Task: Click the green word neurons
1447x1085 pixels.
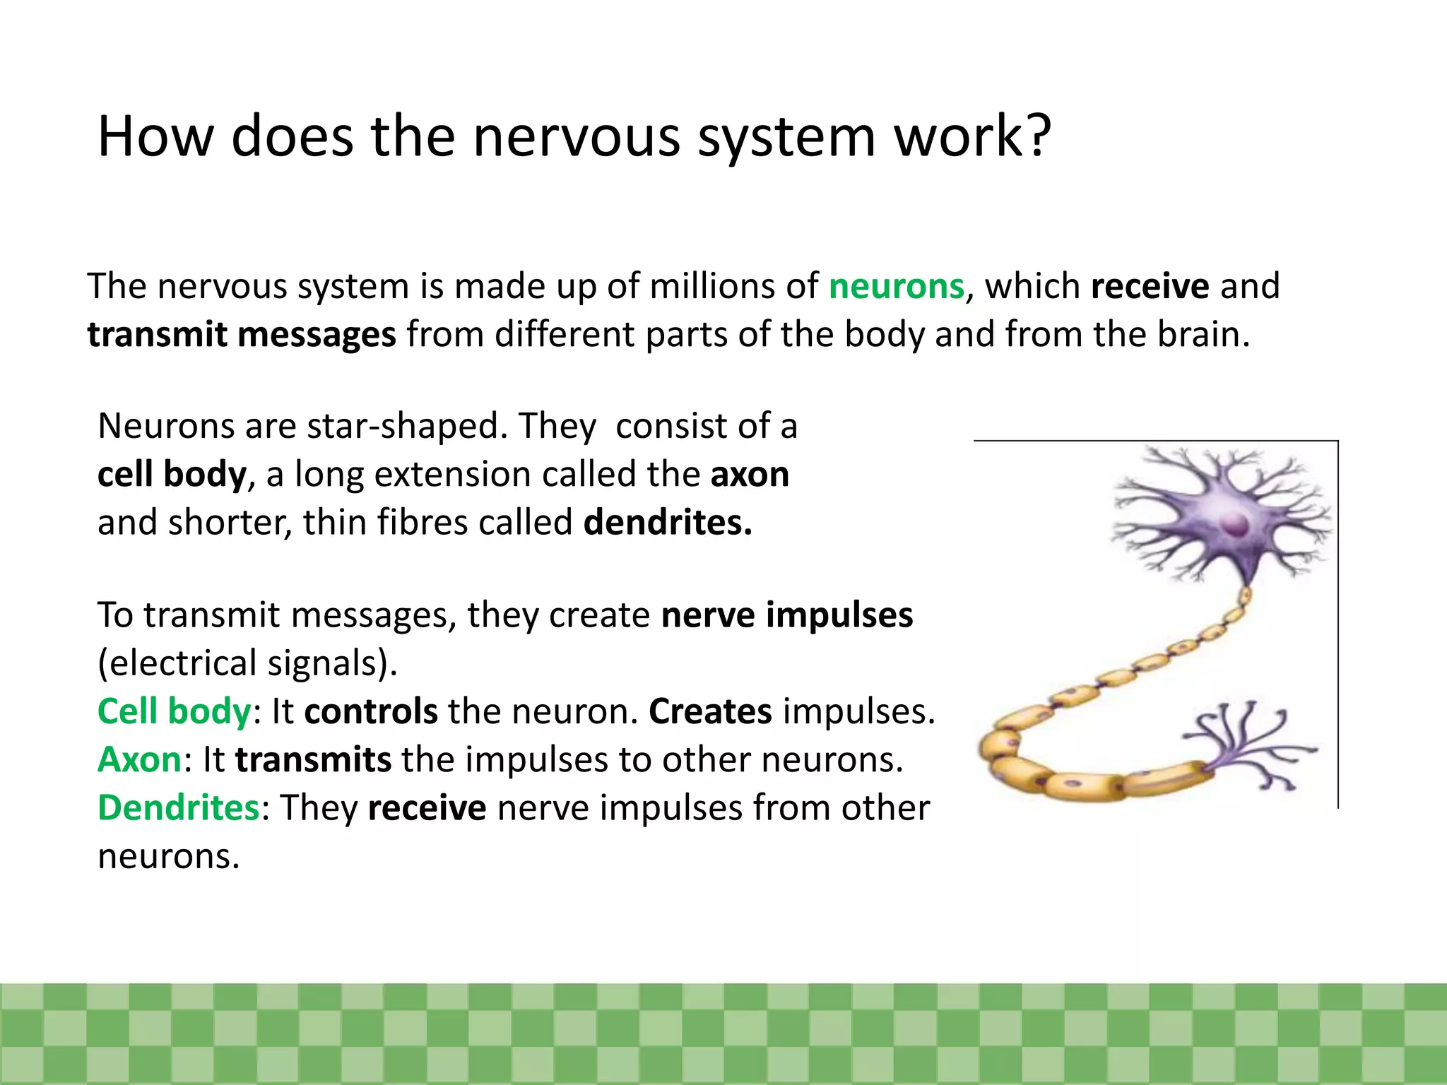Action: [896, 287]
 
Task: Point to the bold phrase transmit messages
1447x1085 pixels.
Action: [241, 335]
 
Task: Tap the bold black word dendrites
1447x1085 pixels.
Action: [668, 523]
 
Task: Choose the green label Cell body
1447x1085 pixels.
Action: [174, 711]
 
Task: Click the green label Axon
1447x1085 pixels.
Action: [140, 760]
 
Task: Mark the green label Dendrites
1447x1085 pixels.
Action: [179, 808]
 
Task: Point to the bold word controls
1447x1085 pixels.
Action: [371, 711]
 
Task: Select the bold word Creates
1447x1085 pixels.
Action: [710, 711]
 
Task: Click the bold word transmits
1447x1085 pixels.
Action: [313, 760]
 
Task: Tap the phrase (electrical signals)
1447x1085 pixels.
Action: [247, 663]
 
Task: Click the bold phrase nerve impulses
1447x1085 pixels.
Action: [786, 615]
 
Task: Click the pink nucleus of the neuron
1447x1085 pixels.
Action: [1235, 525]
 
